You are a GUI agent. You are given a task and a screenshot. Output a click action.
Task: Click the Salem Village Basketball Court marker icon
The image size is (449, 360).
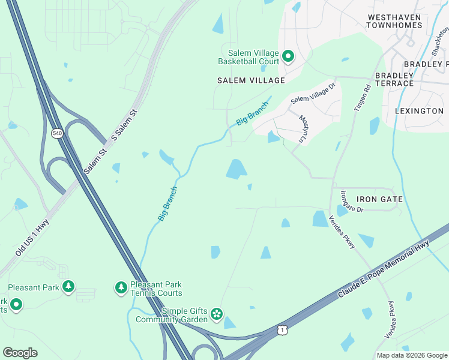pos(288,56)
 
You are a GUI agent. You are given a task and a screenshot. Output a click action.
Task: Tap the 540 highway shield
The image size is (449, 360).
pos(58,134)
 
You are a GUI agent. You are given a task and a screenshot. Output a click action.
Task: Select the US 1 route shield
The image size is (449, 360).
pos(282,330)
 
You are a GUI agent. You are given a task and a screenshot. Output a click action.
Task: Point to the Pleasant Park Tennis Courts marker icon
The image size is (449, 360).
pos(121,288)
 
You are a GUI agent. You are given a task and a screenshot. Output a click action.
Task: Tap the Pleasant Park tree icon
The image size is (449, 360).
pos(69,287)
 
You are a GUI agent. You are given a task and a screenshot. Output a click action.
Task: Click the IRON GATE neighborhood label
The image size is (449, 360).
pos(379,199)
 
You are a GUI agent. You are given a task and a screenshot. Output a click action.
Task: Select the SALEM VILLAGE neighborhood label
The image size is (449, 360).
pos(251,80)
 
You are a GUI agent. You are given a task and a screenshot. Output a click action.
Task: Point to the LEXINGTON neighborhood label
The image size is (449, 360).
pos(419,111)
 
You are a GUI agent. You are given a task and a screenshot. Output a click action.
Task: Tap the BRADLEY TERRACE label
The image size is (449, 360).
pos(394,79)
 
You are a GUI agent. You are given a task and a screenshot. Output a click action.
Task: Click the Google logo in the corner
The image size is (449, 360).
pos(20,353)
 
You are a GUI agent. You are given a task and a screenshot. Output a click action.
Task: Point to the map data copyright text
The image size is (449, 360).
pos(412,355)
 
